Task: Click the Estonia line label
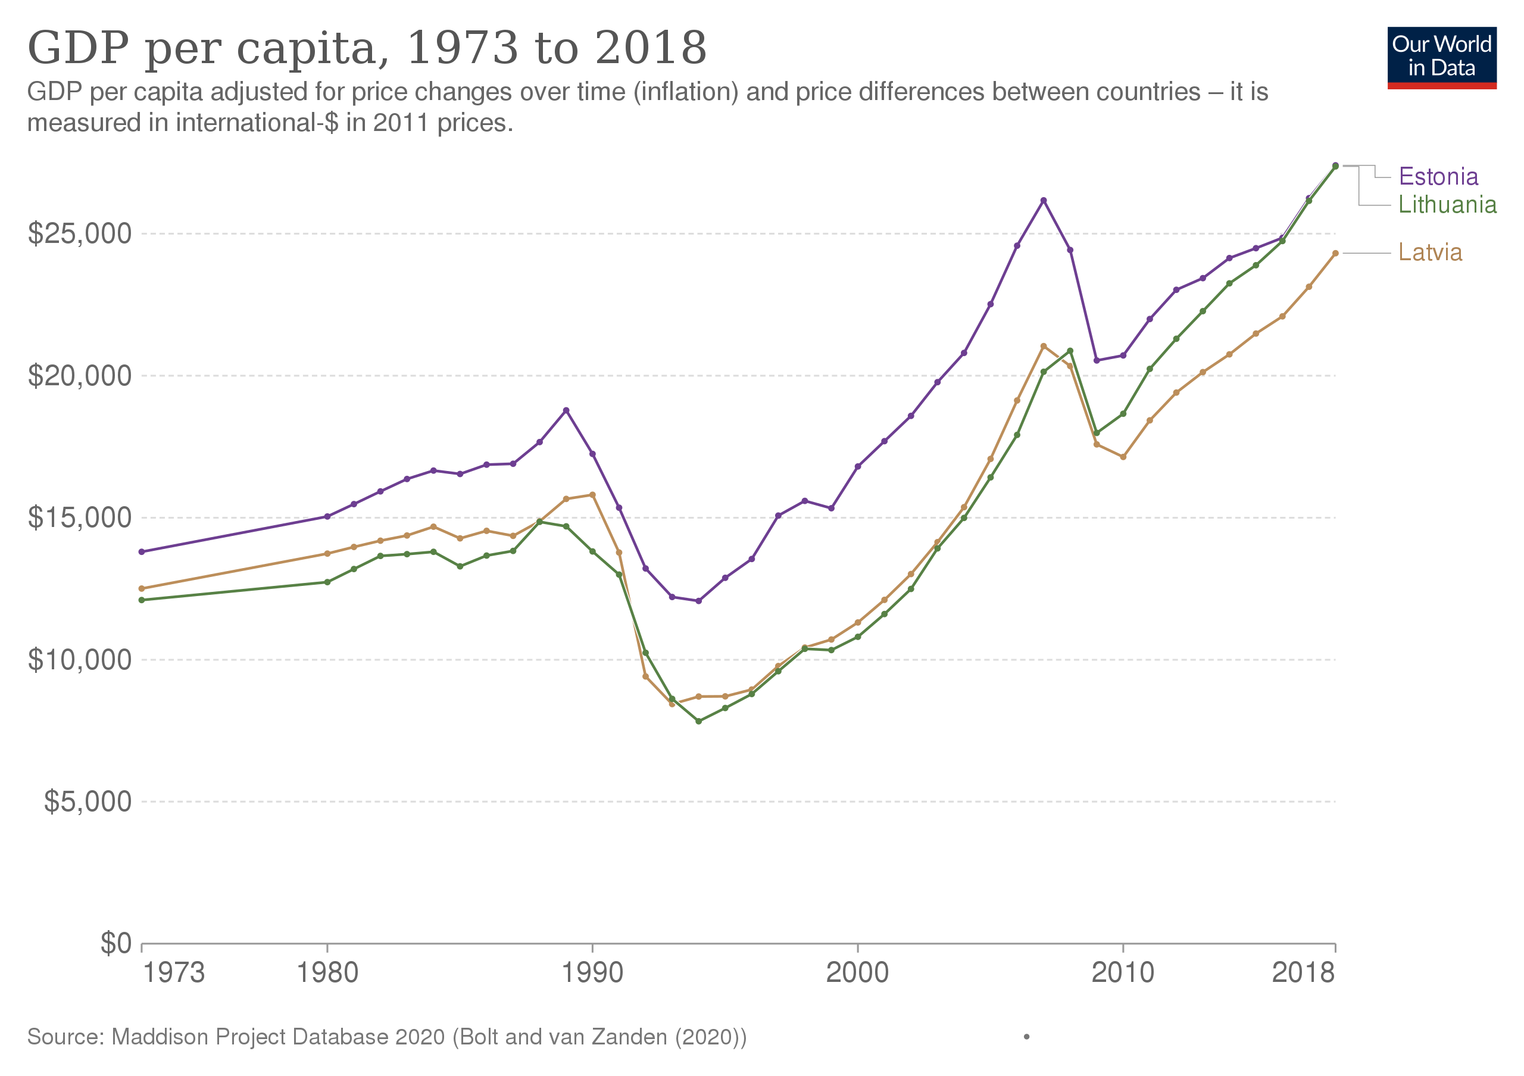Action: [x=1438, y=177]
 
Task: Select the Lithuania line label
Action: [x=1447, y=204]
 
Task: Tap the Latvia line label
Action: [x=1430, y=252]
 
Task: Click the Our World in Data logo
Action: [x=1442, y=58]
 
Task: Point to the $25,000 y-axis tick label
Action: [x=80, y=233]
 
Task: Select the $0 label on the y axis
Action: [x=116, y=943]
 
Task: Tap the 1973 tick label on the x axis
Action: [x=174, y=973]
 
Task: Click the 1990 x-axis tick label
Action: [x=592, y=973]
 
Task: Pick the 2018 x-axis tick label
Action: [x=1303, y=973]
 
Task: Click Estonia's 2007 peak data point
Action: [x=1044, y=201]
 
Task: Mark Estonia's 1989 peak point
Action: [x=566, y=410]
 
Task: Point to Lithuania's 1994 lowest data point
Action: [x=698, y=722]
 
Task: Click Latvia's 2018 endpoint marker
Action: [x=1335, y=253]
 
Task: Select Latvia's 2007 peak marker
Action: [x=1044, y=346]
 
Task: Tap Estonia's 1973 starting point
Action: [x=141, y=551]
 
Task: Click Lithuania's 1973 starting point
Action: [x=141, y=600]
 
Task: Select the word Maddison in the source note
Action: [x=160, y=1037]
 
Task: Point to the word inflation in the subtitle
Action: [x=686, y=92]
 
